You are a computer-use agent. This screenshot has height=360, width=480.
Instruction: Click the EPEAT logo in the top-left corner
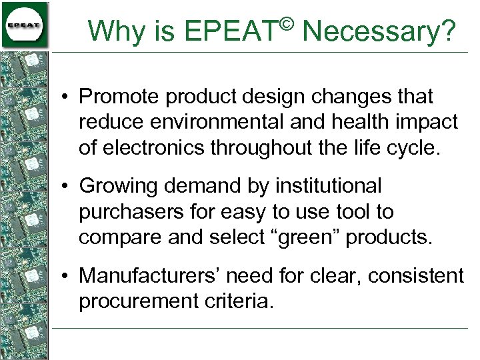click(x=25, y=25)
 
